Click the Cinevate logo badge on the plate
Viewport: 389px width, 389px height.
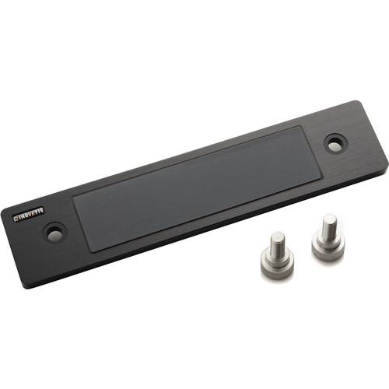click(x=23, y=213)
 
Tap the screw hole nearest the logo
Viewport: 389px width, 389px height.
click(x=54, y=232)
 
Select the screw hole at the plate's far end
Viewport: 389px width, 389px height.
click(x=335, y=144)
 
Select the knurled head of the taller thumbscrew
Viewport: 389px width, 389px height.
click(x=328, y=247)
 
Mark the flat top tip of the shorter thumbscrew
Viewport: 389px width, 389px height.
click(x=277, y=236)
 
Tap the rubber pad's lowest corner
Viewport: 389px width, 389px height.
click(x=92, y=251)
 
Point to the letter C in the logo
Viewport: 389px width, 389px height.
click(x=14, y=216)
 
